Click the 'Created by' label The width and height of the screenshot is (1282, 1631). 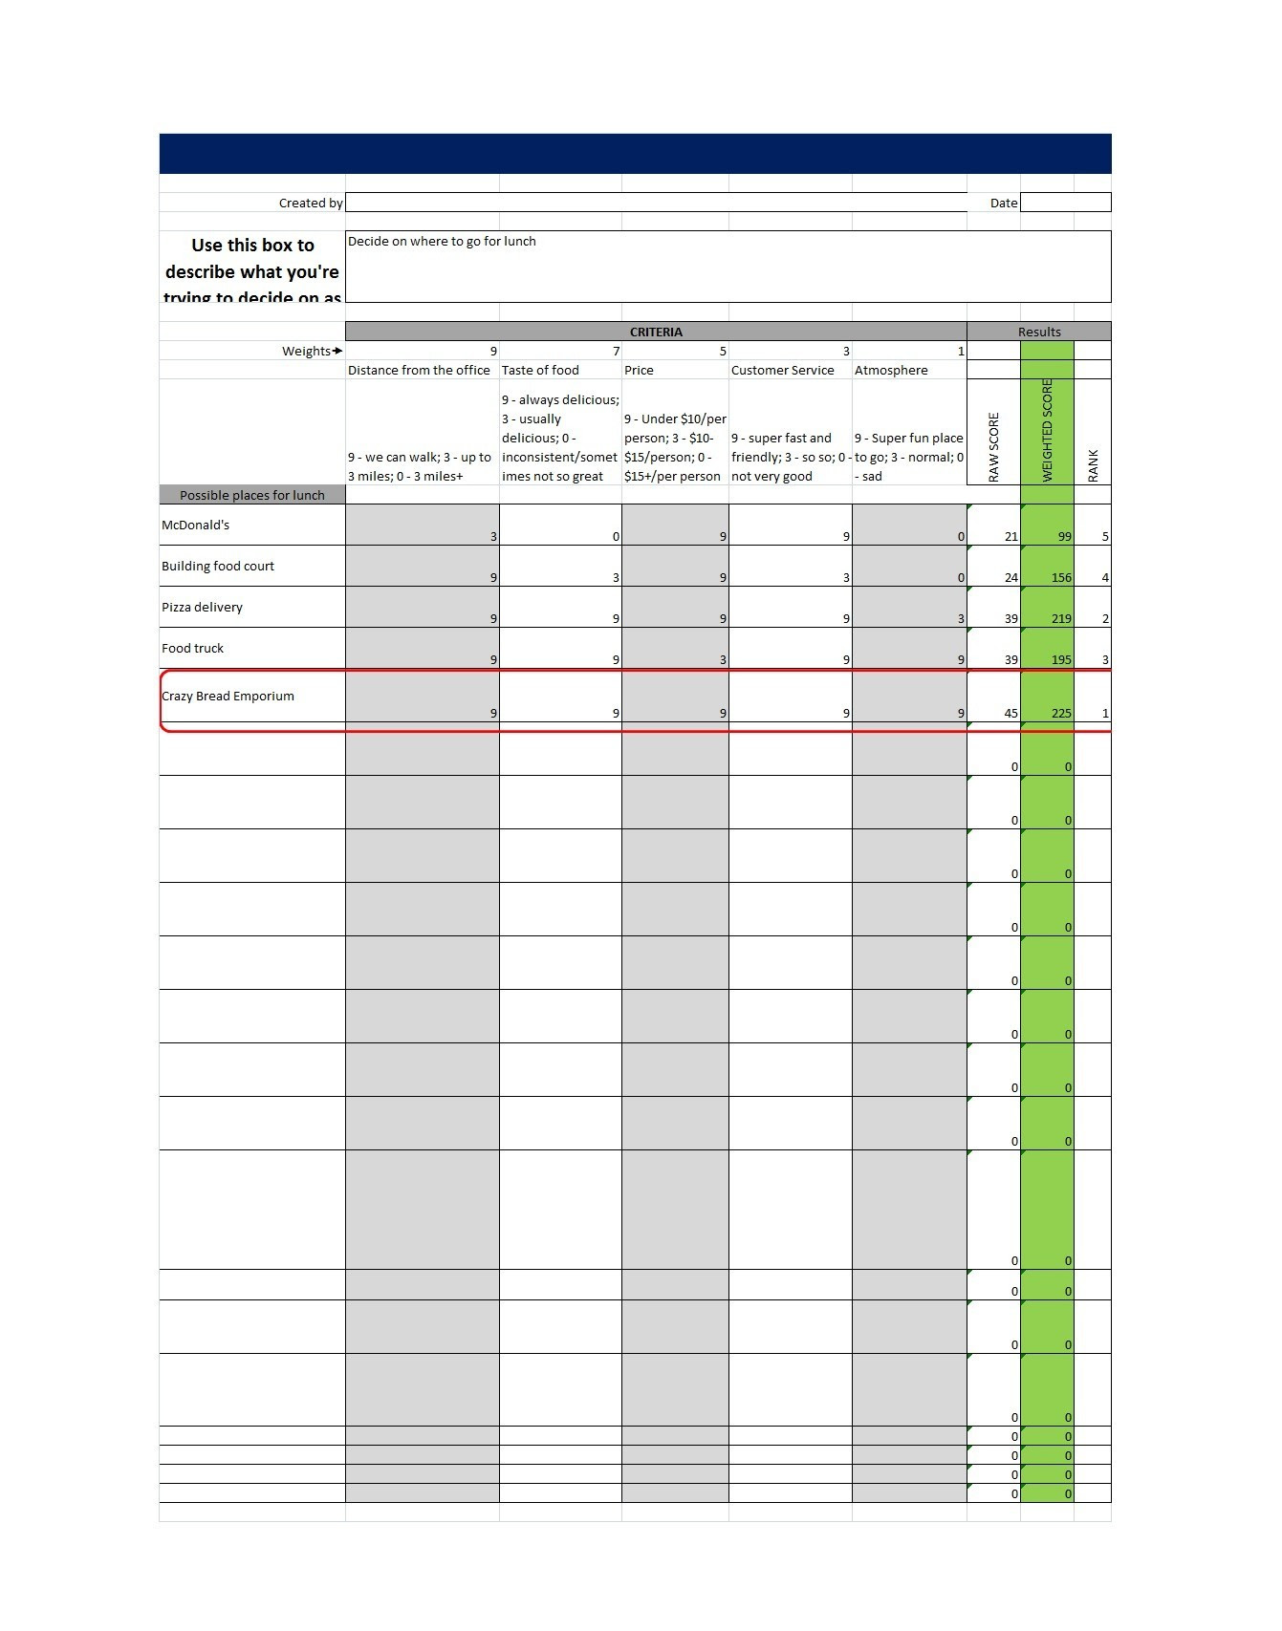point(310,203)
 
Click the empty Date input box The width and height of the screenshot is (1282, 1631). point(1065,203)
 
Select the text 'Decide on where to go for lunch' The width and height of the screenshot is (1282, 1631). point(442,242)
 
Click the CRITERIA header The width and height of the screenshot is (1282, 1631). point(656,332)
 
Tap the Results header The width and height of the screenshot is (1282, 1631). point(1039,332)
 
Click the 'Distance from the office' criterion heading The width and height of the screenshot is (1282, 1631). point(419,370)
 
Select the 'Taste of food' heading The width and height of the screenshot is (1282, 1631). point(540,370)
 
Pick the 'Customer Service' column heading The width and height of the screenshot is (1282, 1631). point(782,370)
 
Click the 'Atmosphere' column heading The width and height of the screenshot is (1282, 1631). point(891,370)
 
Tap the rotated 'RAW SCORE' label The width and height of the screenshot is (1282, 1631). point(994,446)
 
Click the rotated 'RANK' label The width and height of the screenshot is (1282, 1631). point(1094,464)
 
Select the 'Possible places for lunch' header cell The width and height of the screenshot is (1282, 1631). point(252,495)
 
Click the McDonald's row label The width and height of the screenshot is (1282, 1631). point(196,525)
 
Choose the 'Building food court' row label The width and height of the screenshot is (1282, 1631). point(218,566)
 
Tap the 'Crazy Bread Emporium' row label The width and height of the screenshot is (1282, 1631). point(228,696)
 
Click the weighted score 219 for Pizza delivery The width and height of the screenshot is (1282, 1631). point(1060,618)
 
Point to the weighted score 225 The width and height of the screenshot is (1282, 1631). point(1060,713)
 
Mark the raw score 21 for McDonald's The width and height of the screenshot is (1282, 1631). point(1010,536)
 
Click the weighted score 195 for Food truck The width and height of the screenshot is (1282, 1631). point(1060,659)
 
